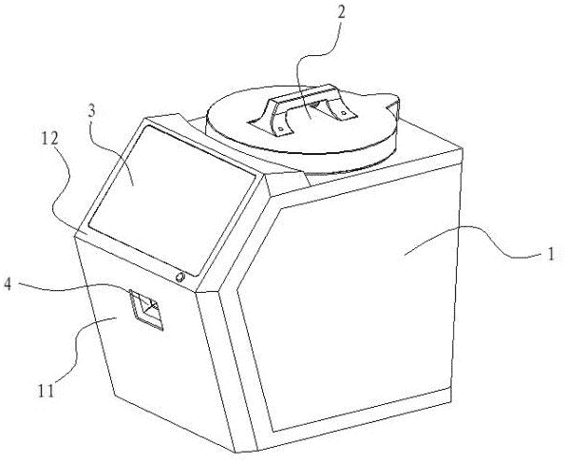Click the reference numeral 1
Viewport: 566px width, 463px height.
[x=550, y=254]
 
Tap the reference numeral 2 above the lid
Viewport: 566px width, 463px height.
[x=340, y=13]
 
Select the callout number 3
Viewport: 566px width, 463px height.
[x=92, y=111]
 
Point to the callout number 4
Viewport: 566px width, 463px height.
[x=9, y=284]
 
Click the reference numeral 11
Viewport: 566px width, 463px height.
[x=46, y=391]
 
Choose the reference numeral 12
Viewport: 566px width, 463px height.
[x=49, y=139]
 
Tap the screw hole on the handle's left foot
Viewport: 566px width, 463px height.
[x=280, y=128]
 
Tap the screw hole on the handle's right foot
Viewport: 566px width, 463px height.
[x=344, y=113]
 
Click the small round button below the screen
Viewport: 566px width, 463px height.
[x=179, y=278]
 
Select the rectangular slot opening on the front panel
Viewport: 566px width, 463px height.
[x=146, y=309]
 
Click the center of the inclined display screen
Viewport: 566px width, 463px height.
[x=173, y=200]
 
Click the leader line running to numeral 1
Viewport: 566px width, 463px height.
[x=476, y=236]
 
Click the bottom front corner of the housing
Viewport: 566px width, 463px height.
[x=236, y=453]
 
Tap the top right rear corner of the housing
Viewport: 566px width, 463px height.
[x=462, y=147]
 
